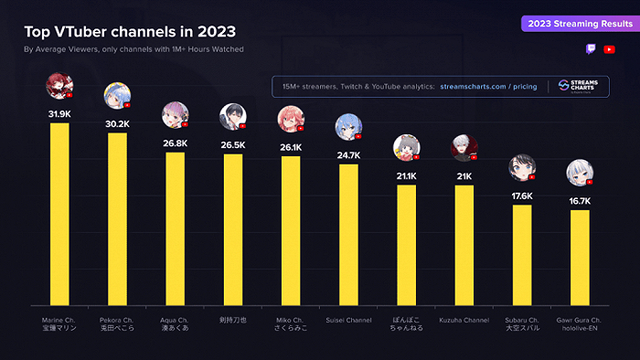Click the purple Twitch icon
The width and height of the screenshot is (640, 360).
click(592, 49)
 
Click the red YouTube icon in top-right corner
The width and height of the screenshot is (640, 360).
click(610, 49)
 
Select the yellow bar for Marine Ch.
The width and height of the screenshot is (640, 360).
click(59, 214)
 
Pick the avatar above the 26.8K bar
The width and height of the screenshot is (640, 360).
click(175, 114)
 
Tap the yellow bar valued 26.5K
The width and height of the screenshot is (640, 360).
click(232, 229)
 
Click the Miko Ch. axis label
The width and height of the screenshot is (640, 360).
click(290, 324)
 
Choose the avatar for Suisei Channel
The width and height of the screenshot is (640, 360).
click(347, 126)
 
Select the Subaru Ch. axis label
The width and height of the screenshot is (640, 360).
click(522, 324)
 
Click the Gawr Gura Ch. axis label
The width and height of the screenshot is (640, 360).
click(579, 324)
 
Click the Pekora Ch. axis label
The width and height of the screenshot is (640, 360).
click(117, 324)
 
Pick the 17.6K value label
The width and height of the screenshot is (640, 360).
click(522, 196)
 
